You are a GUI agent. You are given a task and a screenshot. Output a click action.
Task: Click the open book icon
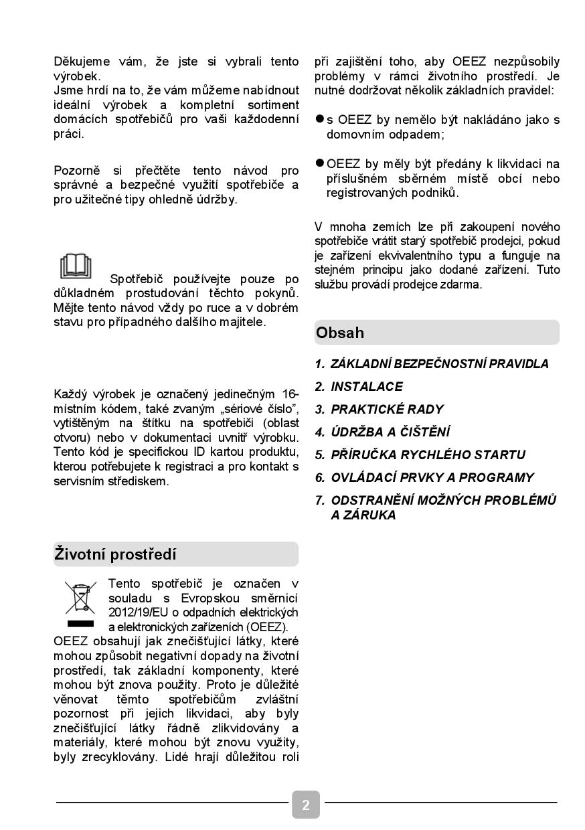click(76, 266)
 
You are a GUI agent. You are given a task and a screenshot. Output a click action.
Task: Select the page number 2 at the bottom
click(306, 805)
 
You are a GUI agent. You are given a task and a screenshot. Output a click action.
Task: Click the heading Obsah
click(341, 333)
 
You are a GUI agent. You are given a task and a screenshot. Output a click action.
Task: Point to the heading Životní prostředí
click(115, 554)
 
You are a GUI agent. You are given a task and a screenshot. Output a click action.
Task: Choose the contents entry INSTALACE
click(366, 386)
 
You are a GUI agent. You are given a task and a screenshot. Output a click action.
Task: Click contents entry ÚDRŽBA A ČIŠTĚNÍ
click(390, 432)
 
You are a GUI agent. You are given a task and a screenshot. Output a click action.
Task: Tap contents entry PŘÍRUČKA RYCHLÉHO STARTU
click(428, 454)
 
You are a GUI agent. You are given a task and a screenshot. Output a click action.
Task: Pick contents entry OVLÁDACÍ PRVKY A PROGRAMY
click(432, 477)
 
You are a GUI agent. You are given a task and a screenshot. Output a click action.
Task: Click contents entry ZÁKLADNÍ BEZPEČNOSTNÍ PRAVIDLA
click(439, 363)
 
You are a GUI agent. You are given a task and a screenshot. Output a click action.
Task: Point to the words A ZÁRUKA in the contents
click(363, 515)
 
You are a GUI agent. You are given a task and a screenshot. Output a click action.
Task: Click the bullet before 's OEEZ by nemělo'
click(320, 119)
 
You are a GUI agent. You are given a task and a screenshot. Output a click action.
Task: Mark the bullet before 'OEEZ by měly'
click(320, 163)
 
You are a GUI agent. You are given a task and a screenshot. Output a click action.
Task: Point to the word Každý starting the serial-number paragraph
click(72, 394)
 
